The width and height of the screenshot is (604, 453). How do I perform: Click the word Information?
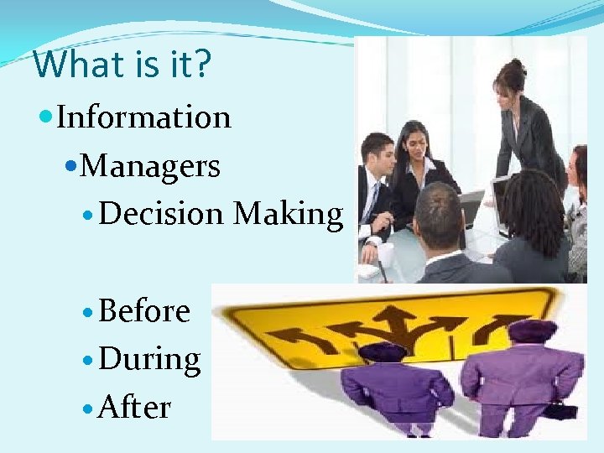point(143,117)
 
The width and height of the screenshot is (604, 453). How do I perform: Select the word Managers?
point(152,166)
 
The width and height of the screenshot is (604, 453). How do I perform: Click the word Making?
point(288,215)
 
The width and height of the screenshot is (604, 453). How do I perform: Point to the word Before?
point(144,311)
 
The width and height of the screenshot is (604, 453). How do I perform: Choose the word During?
point(149,360)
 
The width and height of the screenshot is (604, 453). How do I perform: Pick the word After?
point(134,408)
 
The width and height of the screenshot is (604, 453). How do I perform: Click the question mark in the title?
point(201,65)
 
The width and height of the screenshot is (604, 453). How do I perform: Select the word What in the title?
point(66,65)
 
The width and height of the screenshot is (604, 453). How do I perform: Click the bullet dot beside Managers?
point(71,167)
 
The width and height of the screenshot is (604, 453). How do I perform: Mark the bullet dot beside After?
point(89,409)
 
